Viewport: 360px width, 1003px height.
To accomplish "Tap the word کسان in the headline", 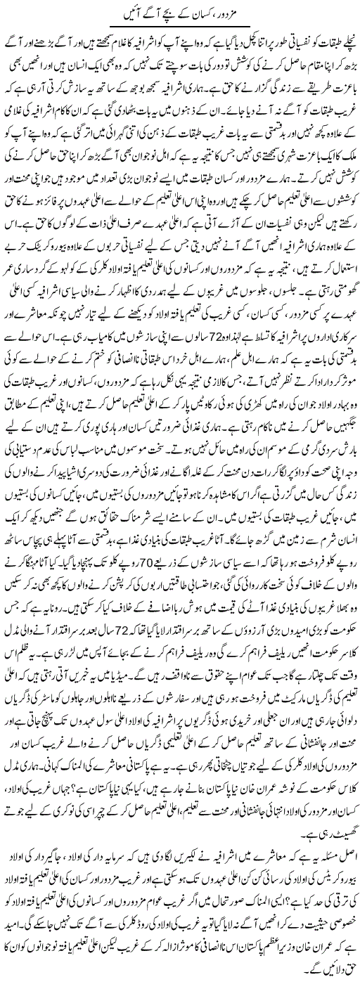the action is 210,13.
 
